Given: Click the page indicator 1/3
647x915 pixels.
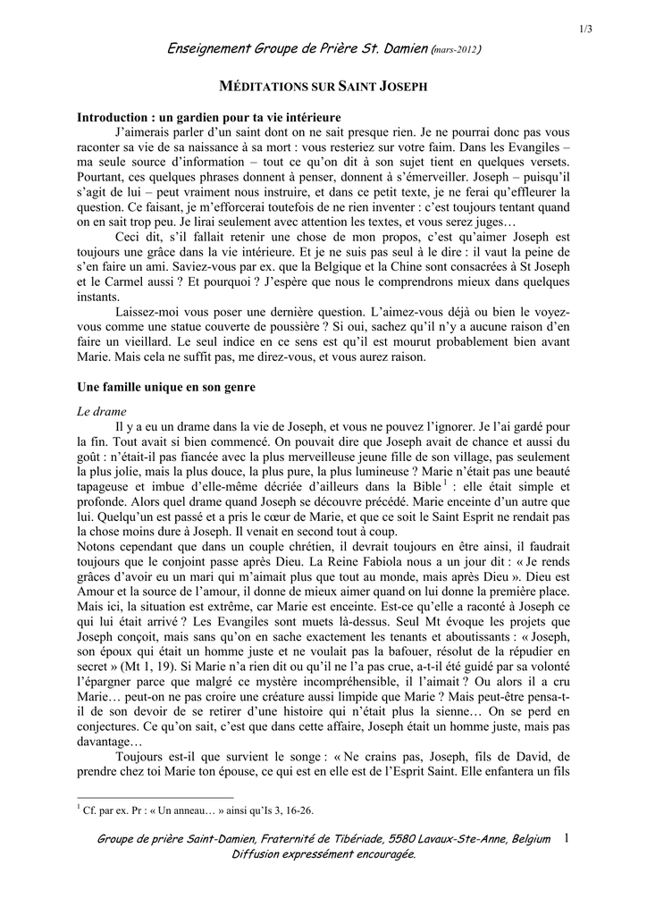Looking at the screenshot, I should click(x=586, y=29).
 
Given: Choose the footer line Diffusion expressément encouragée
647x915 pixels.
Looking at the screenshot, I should click(x=323, y=854).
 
